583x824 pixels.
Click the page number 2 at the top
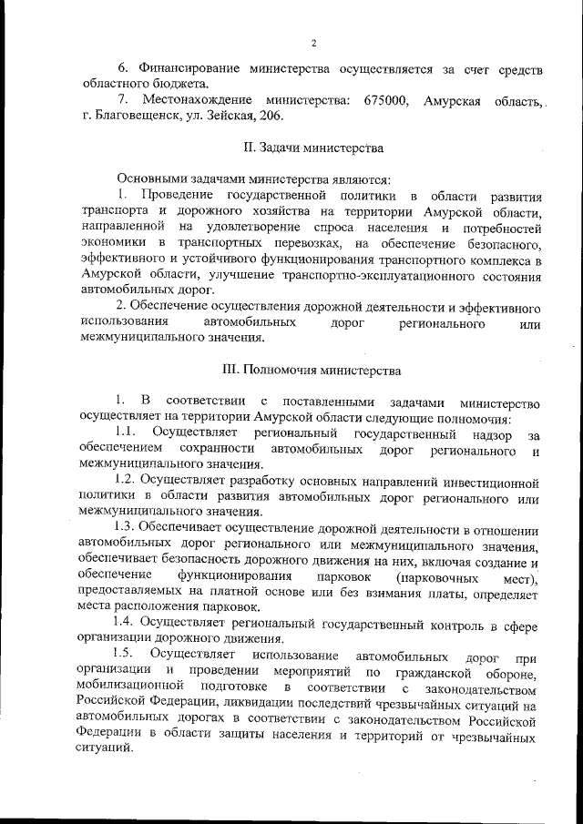pos(312,43)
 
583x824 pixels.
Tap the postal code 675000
pos(386,100)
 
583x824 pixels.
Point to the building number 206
pos(271,117)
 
